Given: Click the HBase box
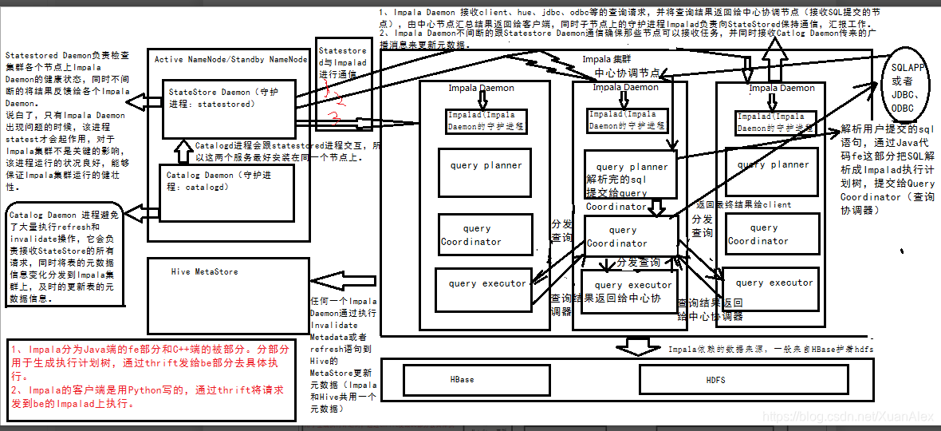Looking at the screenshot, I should (x=463, y=379).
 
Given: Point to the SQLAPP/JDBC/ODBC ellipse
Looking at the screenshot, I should (x=908, y=88).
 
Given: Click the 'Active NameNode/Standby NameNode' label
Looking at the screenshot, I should (x=230, y=59).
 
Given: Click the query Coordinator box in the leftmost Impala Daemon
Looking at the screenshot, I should (x=482, y=235).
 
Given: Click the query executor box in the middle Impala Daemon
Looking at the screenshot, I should (x=632, y=288).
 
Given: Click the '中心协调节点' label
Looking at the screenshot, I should (x=628, y=73).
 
